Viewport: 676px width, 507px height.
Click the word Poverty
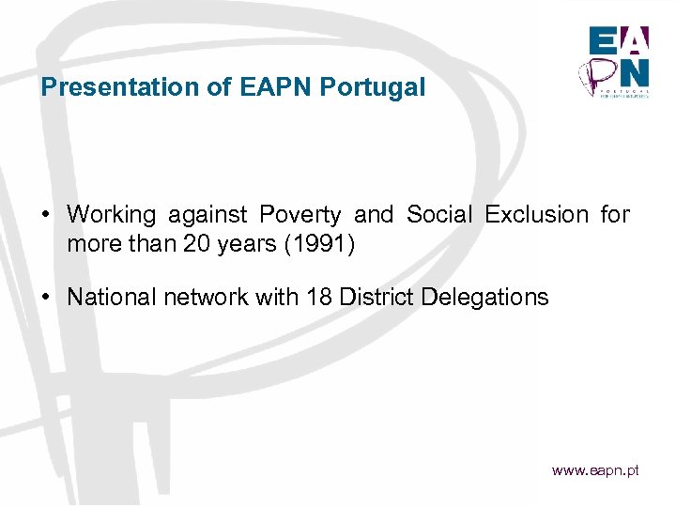(x=300, y=215)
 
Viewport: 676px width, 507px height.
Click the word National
(x=113, y=298)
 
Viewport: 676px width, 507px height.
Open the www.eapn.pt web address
(x=595, y=469)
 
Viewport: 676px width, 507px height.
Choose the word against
(x=210, y=215)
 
